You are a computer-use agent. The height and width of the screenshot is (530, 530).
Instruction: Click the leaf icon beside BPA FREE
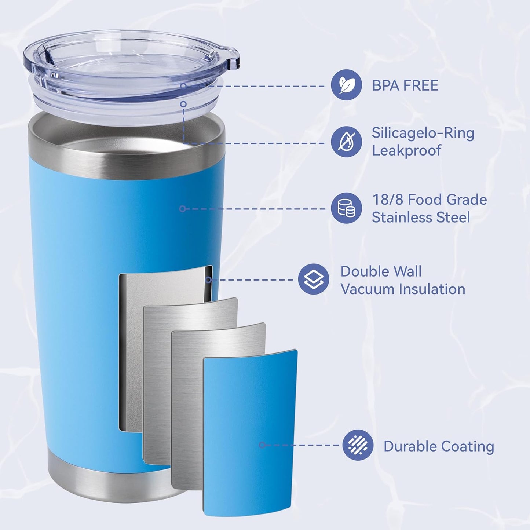(346, 85)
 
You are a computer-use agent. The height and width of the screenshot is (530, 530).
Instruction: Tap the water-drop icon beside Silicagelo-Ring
(346, 142)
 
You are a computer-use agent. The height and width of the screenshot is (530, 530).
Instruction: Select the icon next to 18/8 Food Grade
(346, 208)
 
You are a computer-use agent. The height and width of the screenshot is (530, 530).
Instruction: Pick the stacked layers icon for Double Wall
(314, 279)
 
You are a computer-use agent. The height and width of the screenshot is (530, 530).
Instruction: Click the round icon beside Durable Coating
(358, 445)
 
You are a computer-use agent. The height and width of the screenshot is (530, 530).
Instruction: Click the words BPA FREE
(405, 85)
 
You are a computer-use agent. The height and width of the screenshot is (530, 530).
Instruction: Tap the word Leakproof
(406, 150)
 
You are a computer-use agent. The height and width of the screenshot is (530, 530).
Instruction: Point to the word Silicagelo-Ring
(423, 133)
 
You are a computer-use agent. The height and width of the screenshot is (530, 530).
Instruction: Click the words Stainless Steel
(421, 217)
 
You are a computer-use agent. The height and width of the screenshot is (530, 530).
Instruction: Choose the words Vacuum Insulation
(403, 289)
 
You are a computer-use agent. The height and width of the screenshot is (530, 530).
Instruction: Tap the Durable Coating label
(439, 446)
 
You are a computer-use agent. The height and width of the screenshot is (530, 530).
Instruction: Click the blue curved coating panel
(249, 433)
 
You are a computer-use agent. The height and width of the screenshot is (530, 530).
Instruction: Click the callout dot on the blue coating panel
(262, 445)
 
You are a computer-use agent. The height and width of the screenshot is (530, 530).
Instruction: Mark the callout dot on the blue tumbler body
(183, 209)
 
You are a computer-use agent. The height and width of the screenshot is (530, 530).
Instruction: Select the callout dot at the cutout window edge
(208, 280)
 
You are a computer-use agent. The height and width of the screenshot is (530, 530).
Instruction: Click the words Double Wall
(381, 271)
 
